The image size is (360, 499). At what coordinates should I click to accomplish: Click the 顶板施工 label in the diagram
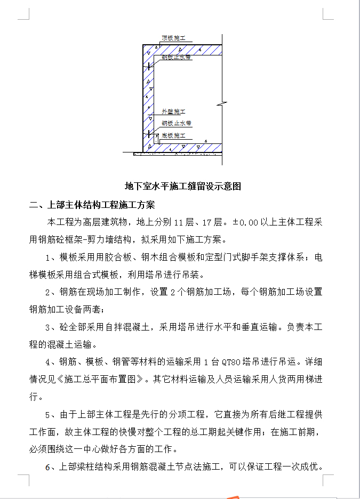pos(173,38)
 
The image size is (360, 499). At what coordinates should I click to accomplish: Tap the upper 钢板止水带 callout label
pos(177,57)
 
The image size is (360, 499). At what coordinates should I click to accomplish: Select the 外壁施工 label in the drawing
pos(173,112)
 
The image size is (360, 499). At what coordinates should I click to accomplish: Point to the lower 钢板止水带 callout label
pos(177,123)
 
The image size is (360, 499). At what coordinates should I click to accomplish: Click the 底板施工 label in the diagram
pos(173,135)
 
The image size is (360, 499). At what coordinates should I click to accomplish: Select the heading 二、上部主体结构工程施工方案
pos(92,205)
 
